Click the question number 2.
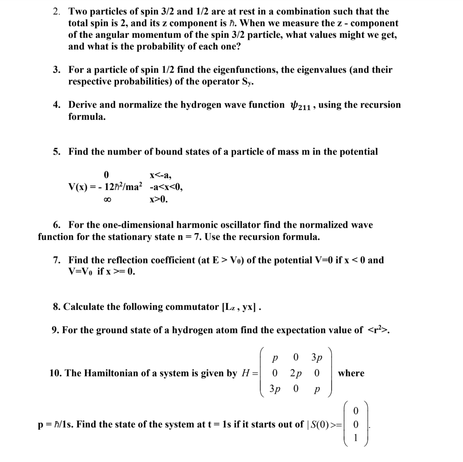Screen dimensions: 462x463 click(57, 12)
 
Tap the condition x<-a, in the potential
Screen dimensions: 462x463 click(160, 175)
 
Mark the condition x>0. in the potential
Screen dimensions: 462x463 click(158, 199)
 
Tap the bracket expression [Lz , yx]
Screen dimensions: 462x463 click(239, 307)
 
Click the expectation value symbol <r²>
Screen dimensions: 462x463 click(377, 330)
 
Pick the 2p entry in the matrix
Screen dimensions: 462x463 click(296, 373)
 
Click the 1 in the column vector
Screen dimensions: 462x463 click(356, 438)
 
